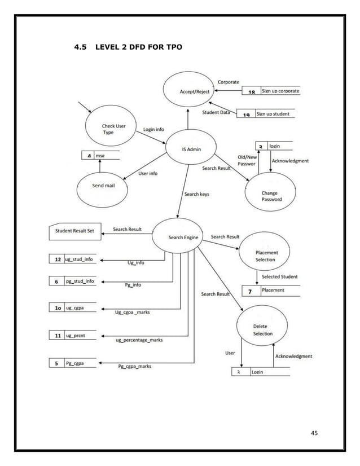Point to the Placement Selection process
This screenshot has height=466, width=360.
tap(265, 256)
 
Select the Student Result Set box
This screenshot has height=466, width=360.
tap(74, 231)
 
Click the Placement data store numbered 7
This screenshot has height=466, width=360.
tap(271, 291)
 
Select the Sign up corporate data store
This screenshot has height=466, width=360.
tap(271, 91)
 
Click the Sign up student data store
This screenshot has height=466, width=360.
tap(266, 114)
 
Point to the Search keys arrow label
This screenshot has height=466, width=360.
tap(196, 194)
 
